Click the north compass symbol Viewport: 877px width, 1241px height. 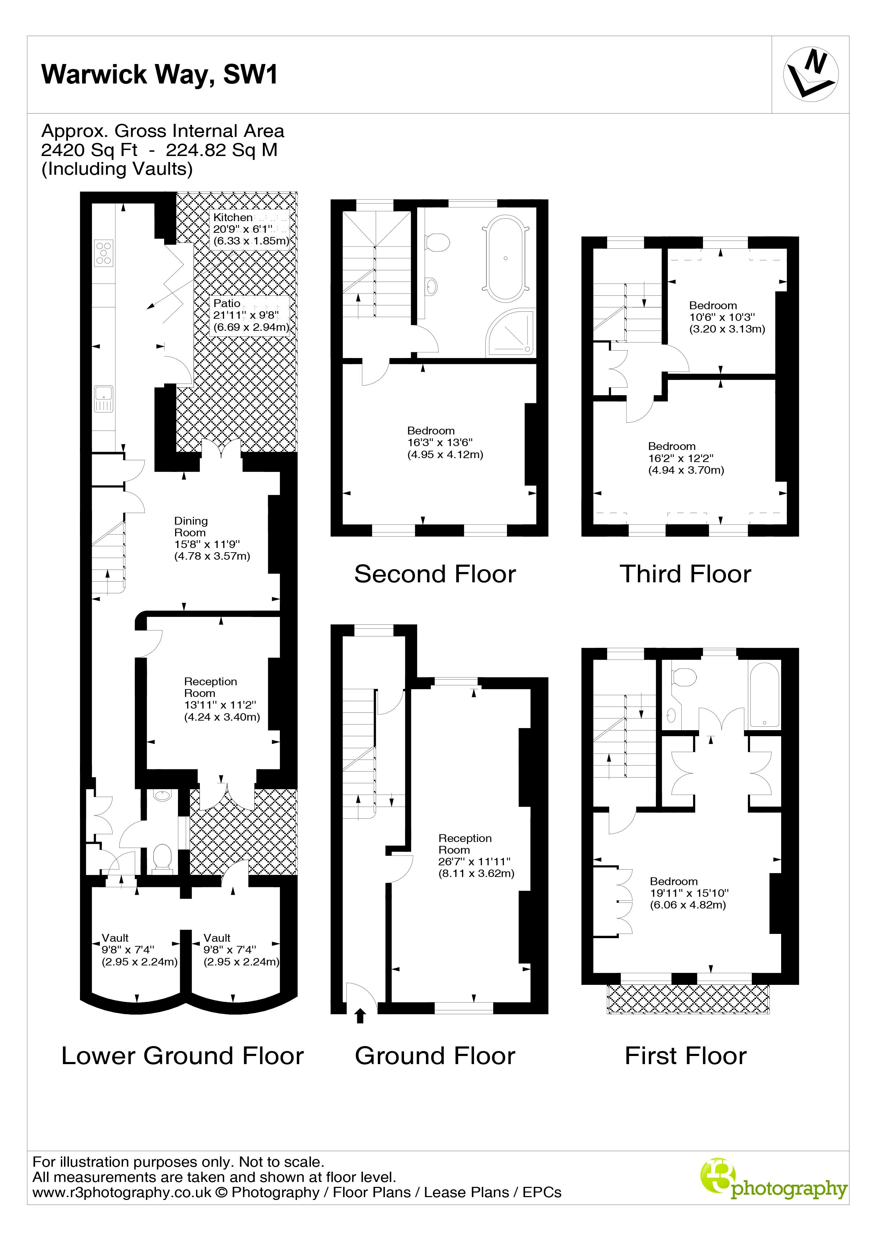pos(810,75)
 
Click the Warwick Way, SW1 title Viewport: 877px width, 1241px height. pos(160,75)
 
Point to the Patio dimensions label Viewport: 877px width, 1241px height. pos(250,315)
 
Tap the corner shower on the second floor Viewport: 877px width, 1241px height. pos(510,334)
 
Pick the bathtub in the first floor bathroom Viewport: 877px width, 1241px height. pos(764,695)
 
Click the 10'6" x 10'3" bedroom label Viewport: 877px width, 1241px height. pos(726,317)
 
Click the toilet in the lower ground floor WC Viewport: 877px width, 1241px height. pos(162,858)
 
